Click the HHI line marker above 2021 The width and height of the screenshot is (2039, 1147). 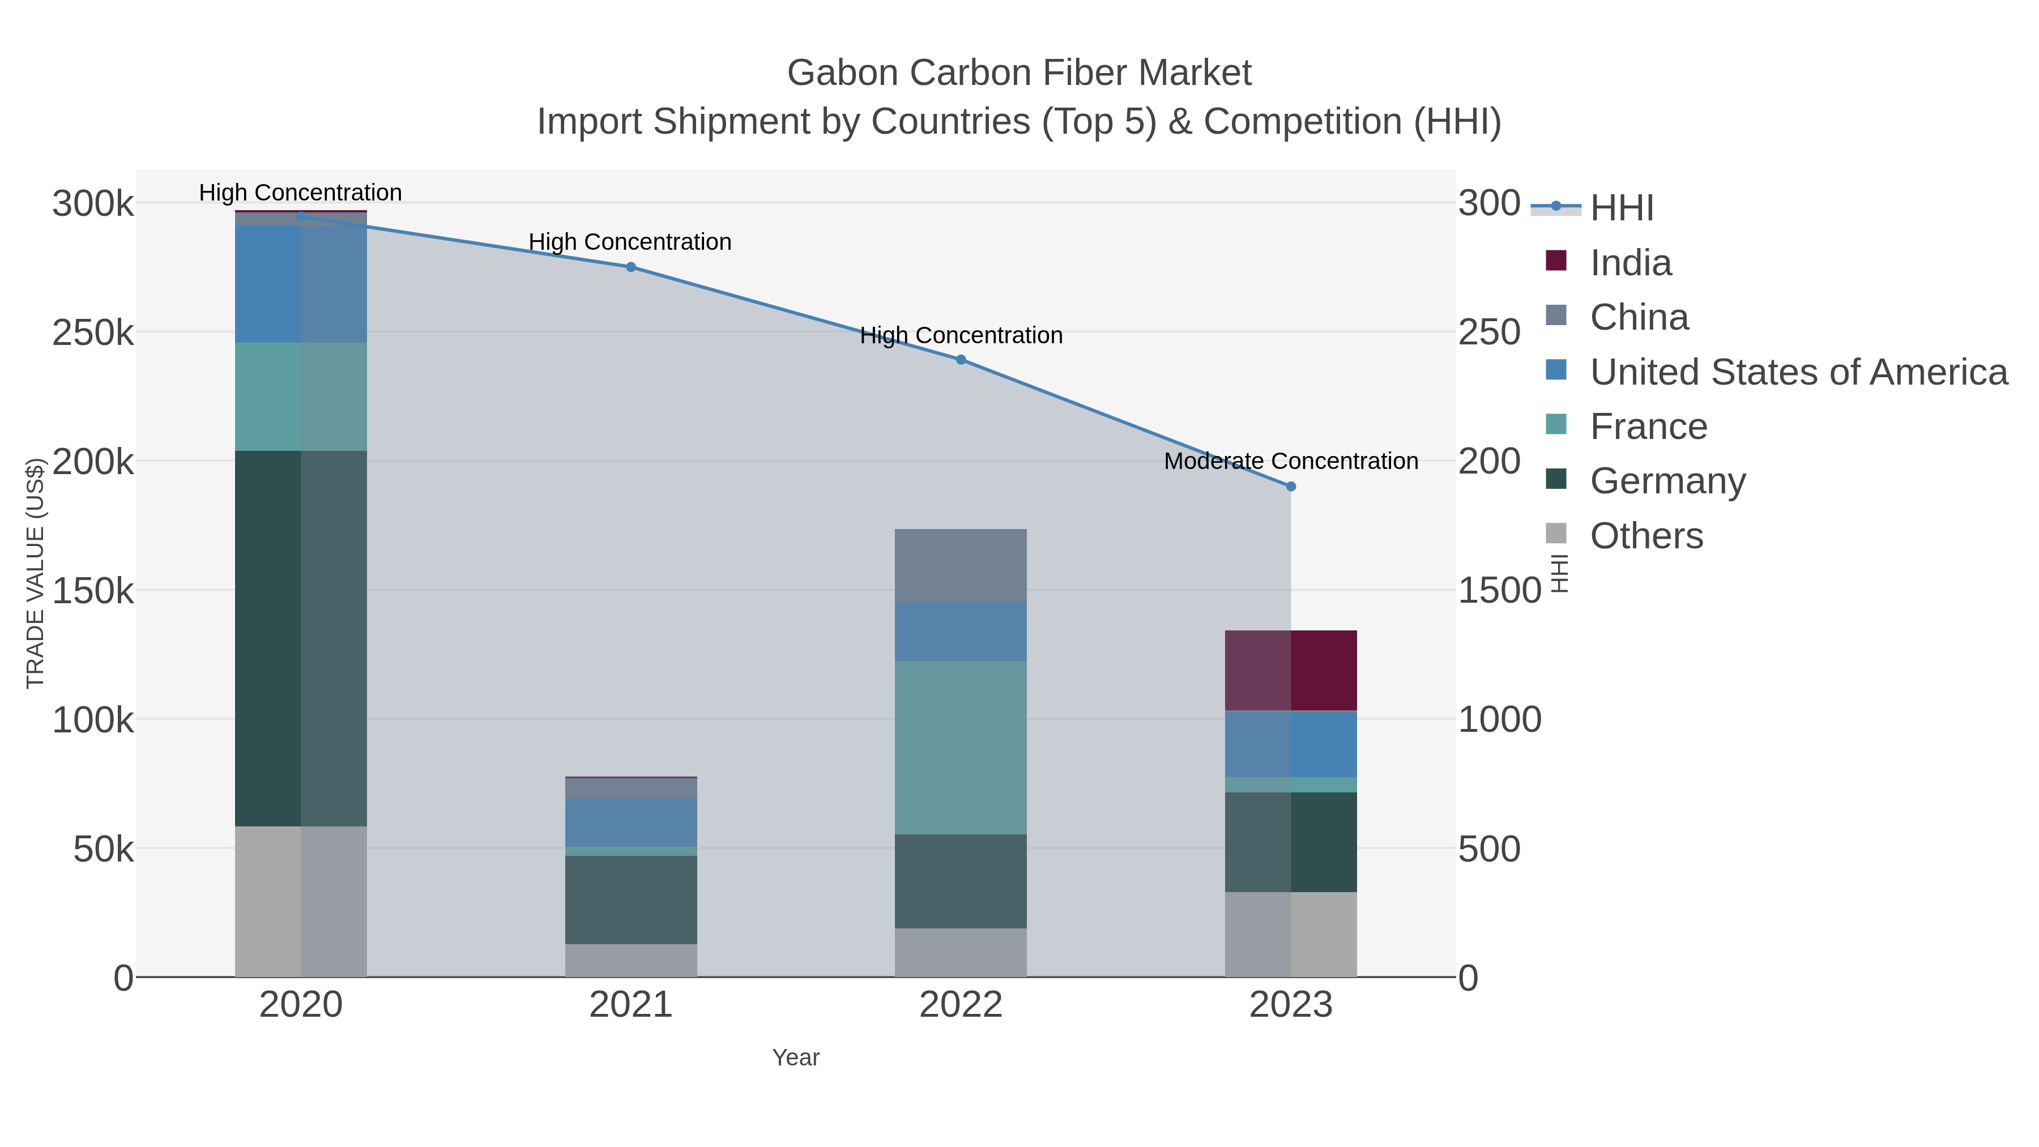coord(631,267)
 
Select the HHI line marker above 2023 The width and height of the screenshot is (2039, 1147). coord(1291,487)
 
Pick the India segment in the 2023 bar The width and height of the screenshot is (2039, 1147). coord(1291,671)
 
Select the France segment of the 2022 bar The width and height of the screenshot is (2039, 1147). coord(961,747)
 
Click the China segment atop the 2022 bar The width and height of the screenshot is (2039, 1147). coord(961,565)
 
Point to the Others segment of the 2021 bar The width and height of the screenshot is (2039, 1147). coord(631,960)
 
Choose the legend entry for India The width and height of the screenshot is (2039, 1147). coord(1631,263)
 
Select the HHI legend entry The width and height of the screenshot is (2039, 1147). coord(1621,208)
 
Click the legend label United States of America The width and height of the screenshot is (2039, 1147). coord(1798,372)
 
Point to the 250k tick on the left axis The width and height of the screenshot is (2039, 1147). coord(93,333)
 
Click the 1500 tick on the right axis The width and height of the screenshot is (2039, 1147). coord(1499,591)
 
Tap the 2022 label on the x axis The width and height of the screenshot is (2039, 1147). coord(961,1005)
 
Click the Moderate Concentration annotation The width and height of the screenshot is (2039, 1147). coord(1291,462)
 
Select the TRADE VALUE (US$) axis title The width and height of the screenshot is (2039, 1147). coord(36,573)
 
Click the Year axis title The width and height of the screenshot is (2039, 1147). coord(796,1058)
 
